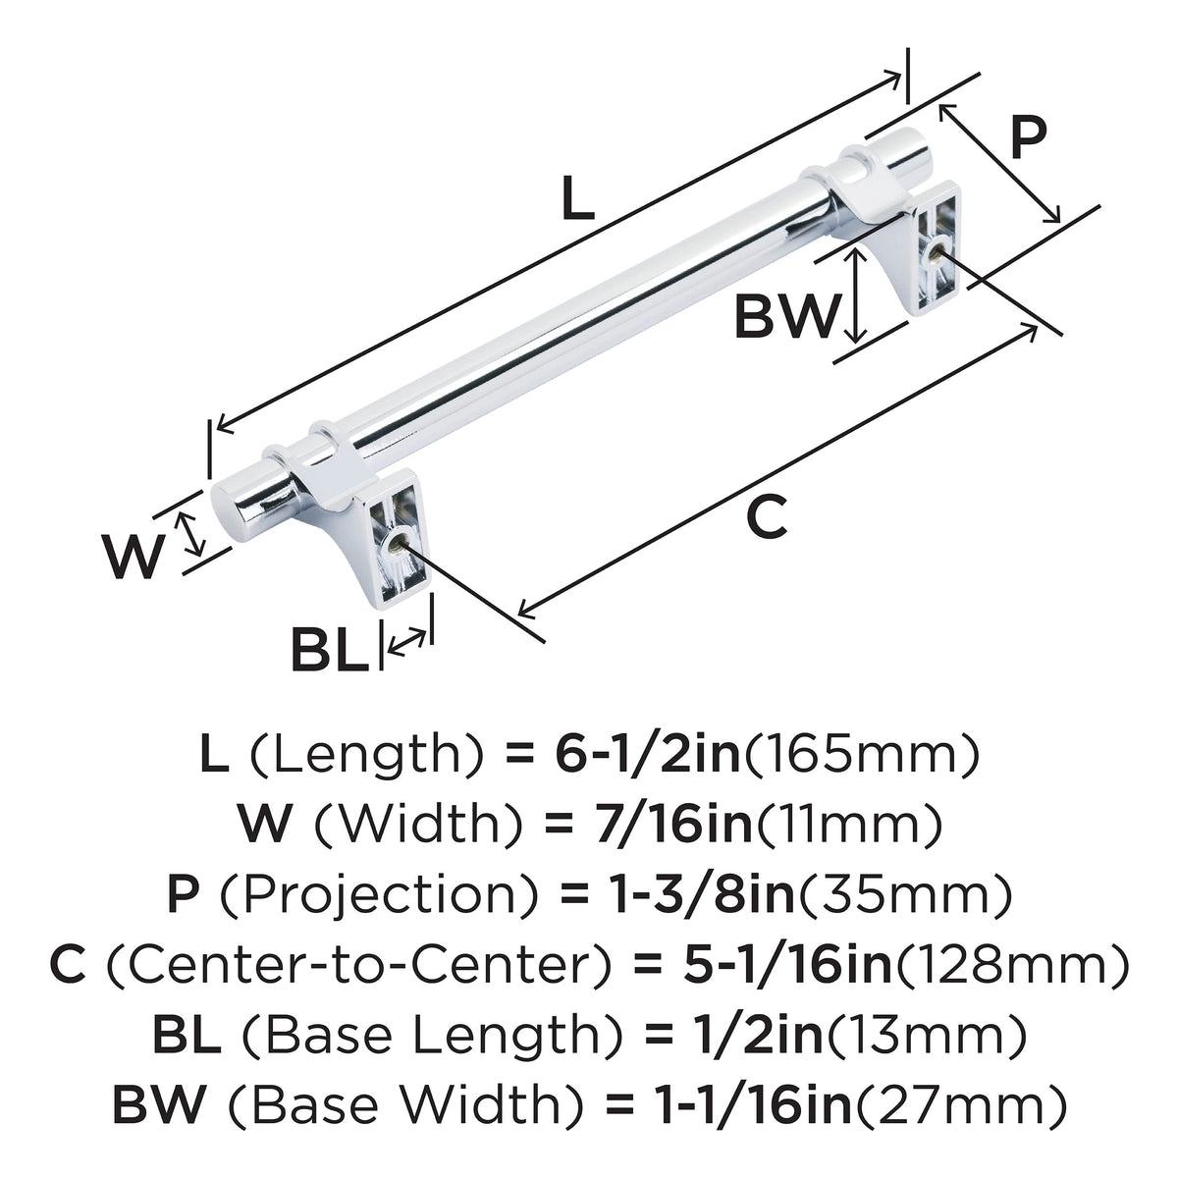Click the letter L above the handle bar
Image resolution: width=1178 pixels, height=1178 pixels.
point(577,197)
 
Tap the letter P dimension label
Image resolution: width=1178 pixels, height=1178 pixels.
point(1029,137)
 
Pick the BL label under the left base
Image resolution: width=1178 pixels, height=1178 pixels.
point(330,649)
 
